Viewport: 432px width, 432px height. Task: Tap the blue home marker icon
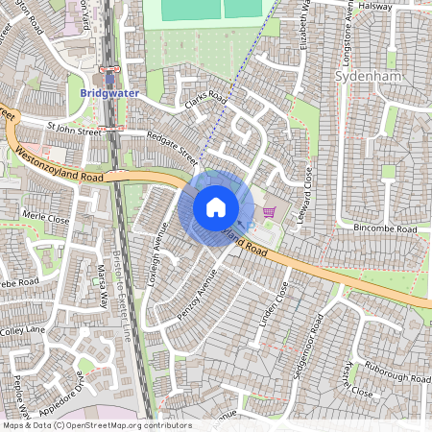216,207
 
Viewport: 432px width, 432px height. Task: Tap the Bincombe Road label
385,230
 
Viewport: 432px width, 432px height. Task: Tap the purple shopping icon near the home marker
267,210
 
